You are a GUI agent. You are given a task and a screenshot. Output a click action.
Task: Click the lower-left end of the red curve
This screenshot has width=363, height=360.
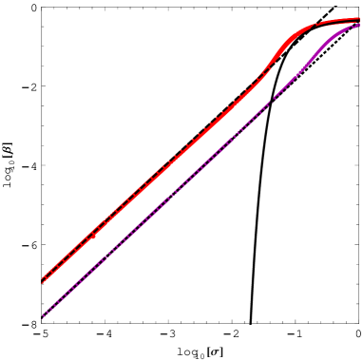(42, 282)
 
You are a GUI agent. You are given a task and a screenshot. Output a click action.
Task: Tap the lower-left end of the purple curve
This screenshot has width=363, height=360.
(43, 316)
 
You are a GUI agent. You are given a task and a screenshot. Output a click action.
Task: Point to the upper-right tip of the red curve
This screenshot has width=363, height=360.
(359, 18)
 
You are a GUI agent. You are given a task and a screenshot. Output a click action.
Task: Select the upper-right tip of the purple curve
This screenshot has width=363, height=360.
(359, 25)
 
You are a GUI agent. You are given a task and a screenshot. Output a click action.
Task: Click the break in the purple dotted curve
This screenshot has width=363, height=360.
(272, 101)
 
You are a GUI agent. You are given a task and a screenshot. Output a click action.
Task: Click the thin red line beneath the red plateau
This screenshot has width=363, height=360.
(338, 24)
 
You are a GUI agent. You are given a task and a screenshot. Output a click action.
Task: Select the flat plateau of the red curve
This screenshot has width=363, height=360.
(337, 20)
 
